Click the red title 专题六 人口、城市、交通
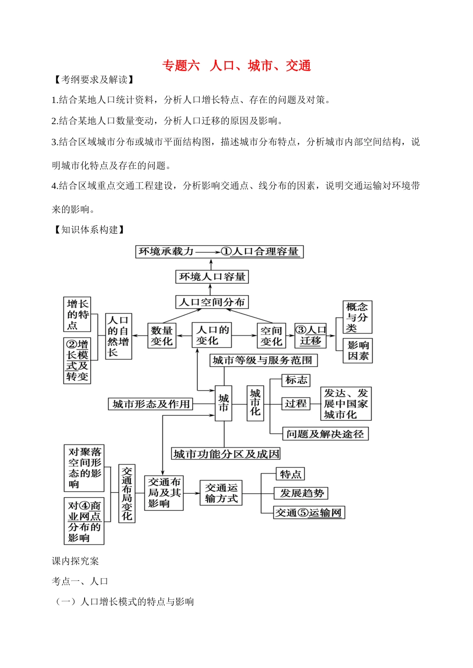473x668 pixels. point(236,66)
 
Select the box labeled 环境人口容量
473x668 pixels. point(212,277)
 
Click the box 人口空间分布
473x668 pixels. point(212,302)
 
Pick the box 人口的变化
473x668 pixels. point(212,335)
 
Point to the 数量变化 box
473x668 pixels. point(162,335)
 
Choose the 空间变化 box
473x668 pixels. point(271,336)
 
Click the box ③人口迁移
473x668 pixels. point(311,335)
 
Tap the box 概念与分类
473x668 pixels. point(357,317)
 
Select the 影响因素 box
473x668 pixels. point(358,350)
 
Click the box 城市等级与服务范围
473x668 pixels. point(263,360)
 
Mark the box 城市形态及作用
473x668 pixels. point(151,404)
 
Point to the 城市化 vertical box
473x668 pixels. point(255,403)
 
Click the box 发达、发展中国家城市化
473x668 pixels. point(346,404)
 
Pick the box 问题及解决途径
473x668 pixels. point(325,434)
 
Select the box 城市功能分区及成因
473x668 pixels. point(226,453)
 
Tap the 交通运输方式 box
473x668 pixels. point(221,493)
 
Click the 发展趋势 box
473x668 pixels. point(301,493)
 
